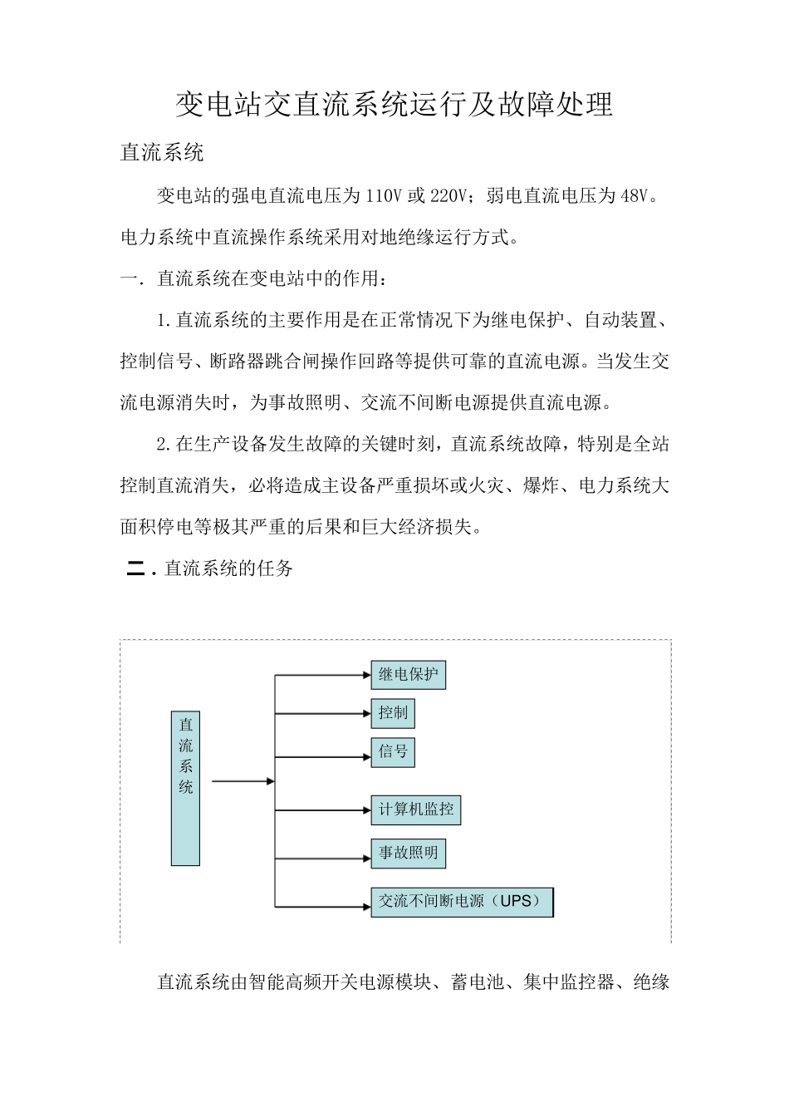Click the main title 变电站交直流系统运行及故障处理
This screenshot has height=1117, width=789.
394,104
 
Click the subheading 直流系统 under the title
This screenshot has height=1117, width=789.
162,153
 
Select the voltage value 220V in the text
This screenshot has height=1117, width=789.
449,196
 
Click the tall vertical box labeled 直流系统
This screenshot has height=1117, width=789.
185,788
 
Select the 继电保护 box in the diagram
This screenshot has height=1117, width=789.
408,675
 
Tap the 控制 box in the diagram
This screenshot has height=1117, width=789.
393,713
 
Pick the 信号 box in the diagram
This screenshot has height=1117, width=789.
393,752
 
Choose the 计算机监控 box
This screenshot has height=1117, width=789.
415,809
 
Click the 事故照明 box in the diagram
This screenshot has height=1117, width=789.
408,854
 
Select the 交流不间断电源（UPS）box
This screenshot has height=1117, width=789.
462,902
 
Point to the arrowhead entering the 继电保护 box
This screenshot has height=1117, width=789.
366,675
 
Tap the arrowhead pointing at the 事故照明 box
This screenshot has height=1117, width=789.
366,858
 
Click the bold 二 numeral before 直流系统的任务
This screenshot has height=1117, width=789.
135,569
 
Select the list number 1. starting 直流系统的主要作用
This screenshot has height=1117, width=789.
164,320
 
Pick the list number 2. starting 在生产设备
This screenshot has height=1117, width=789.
164,445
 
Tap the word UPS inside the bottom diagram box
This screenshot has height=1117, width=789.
516,901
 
